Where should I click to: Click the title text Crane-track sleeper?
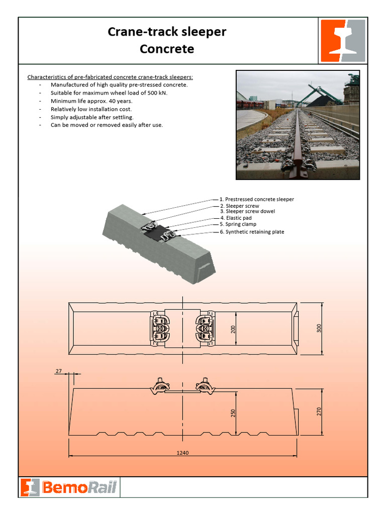tap(167, 32)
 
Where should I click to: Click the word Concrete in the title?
tap(167, 49)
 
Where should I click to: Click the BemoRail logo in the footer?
tap(69, 487)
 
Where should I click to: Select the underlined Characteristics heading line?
tap(110, 77)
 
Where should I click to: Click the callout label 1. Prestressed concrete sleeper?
tap(257, 199)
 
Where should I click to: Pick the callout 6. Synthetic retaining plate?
tap(252, 232)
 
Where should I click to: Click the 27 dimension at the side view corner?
tap(58, 371)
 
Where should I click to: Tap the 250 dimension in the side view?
tap(233, 413)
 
